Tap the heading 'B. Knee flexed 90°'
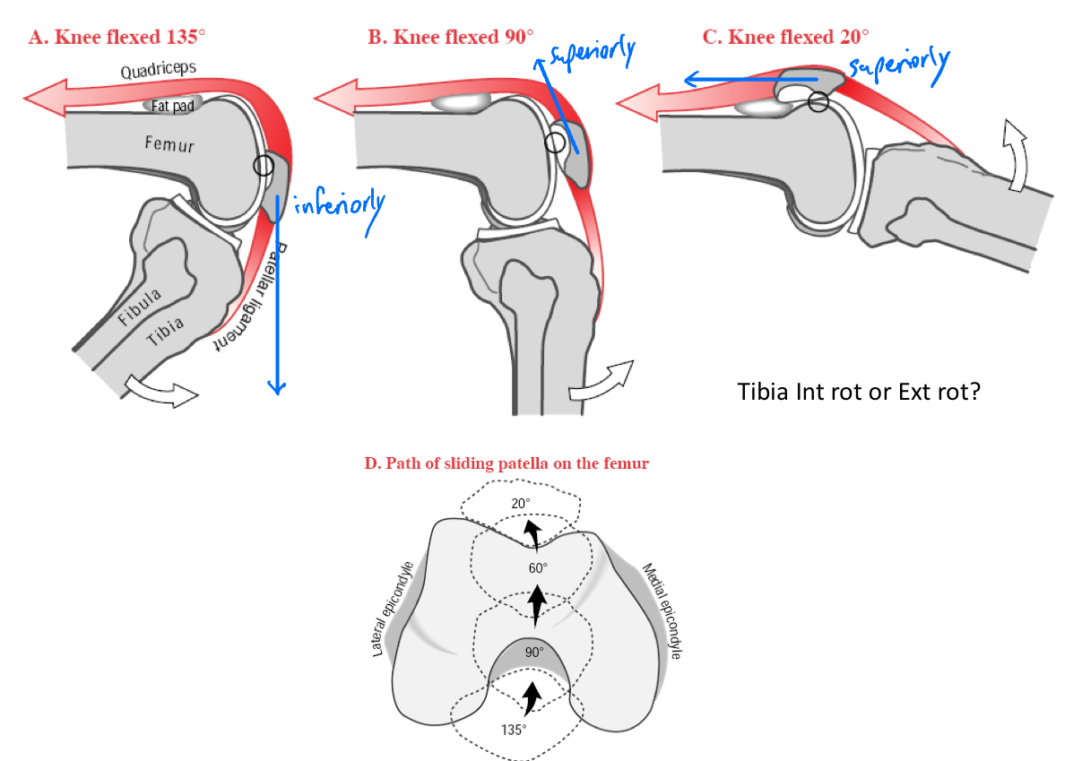(x=450, y=38)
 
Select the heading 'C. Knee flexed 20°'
(x=785, y=38)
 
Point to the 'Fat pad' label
(x=172, y=106)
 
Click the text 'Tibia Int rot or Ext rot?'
(x=858, y=392)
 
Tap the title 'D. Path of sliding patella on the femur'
(x=506, y=463)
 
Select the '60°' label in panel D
(x=538, y=567)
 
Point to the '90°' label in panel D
(x=534, y=653)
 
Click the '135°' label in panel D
(x=513, y=729)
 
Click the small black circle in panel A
(x=263, y=166)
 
